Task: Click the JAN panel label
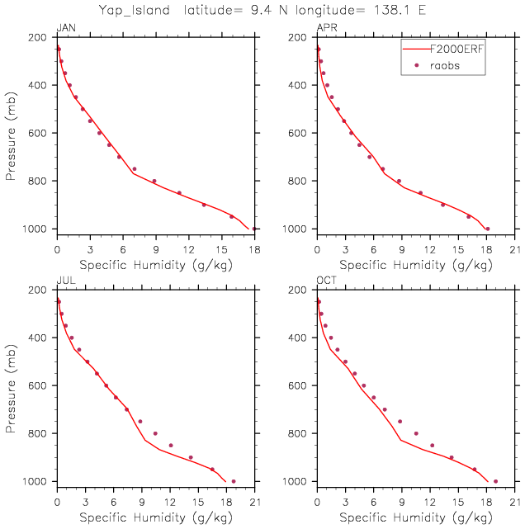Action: click(x=65, y=29)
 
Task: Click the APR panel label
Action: click(x=327, y=29)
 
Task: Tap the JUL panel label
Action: click(x=65, y=281)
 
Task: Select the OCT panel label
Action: click(x=327, y=281)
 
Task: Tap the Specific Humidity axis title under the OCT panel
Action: click(x=416, y=517)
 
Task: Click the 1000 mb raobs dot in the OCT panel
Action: click(x=495, y=481)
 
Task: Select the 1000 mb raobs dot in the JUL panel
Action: click(x=234, y=481)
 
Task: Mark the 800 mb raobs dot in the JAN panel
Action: click(x=154, y=181)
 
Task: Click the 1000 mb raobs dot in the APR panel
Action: click(x=488, y=229)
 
